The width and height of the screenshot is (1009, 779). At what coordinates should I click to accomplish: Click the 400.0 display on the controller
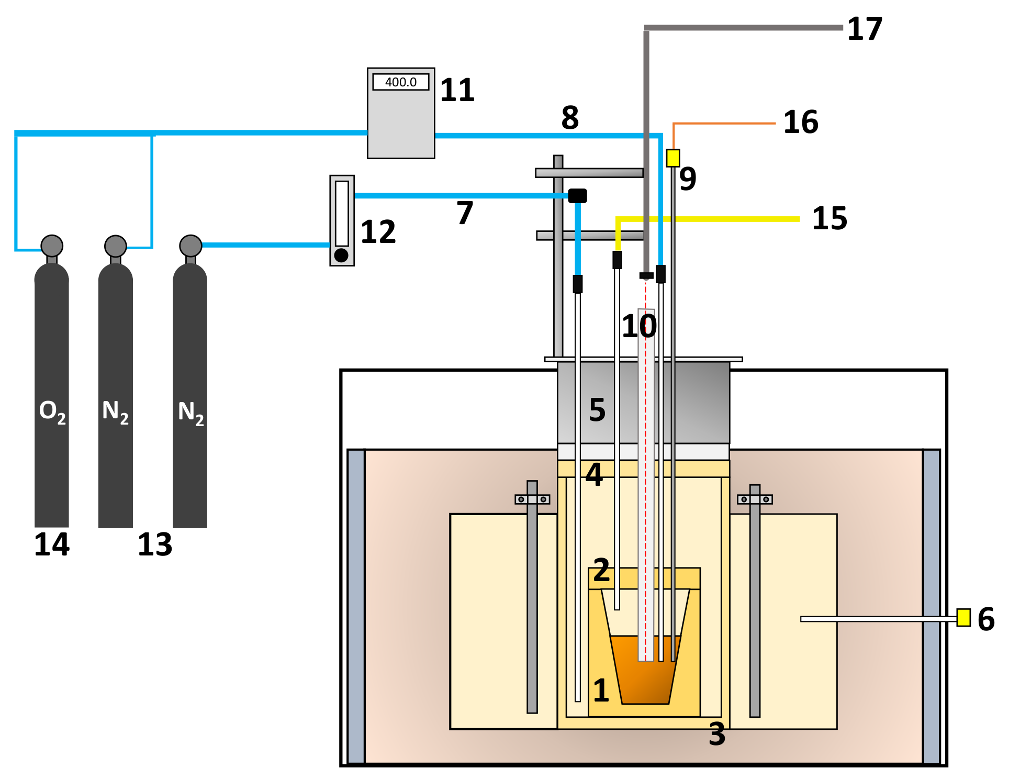(400, 82)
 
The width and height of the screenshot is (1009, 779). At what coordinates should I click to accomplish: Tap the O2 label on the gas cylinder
(52, 412)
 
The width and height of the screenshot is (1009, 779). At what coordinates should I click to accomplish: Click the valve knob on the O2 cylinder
(52, 246)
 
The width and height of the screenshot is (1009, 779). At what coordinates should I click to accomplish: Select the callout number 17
(865, 29)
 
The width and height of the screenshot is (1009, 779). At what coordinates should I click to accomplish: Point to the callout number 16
(801, 123)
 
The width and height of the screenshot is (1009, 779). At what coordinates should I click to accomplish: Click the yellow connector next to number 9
(673, 158)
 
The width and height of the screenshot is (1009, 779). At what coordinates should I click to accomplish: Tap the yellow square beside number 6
(963, 617)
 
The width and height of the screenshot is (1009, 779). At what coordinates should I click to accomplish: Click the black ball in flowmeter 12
(341, 255)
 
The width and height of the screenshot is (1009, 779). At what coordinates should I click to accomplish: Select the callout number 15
(829, 219)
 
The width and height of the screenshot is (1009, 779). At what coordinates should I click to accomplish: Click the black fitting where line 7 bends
(577, 196)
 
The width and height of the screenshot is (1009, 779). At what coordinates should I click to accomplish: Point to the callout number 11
(457, 91)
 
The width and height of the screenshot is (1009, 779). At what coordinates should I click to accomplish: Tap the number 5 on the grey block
(597, 410)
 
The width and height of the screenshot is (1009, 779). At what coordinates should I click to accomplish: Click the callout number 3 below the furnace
(717, 735)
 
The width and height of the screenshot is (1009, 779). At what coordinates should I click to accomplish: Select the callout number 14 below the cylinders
(52, 545)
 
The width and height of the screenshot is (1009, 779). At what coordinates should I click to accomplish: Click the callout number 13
(155, 545)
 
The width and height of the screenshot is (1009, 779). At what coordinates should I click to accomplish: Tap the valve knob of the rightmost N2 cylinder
(190, 246)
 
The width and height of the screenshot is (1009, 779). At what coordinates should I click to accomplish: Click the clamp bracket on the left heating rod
(532, 499)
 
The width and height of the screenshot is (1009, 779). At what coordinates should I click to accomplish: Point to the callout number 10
(639, 326)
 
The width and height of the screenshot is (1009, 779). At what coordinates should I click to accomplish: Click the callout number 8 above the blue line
(570, 118)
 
